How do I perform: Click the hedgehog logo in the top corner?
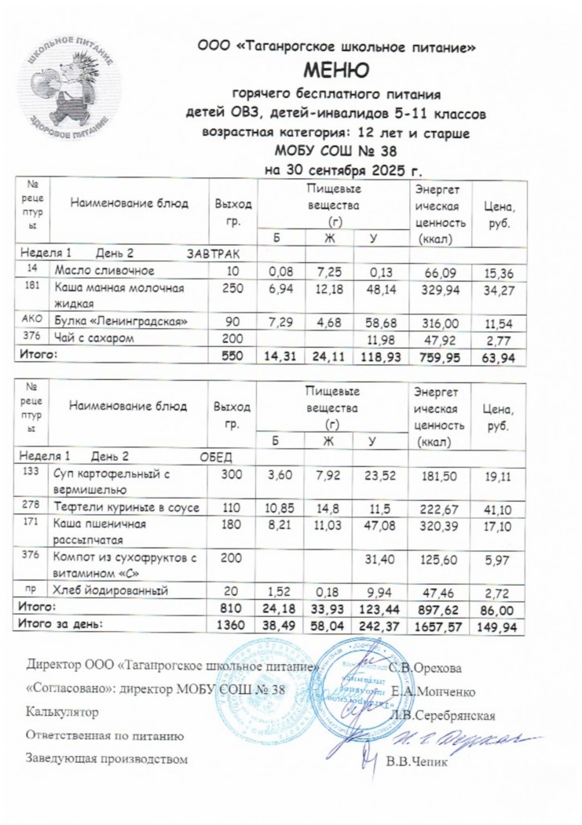click(x=70, y=86)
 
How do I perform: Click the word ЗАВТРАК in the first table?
click(x=211, y=254)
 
